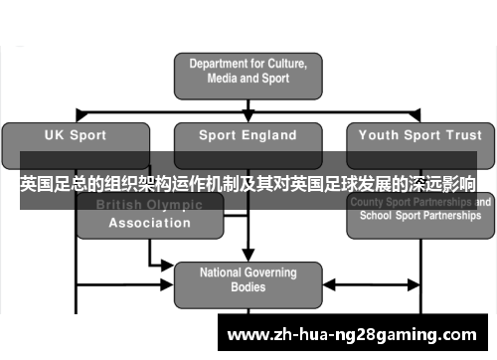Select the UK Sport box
tap(77, 135)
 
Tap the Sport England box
tap(248, 135)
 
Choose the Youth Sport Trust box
tap(418, 135)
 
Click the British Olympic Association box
tap(149, 215)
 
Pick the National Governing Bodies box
tap(248, 279)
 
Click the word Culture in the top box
tap(295, 62)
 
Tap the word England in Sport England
tap(270, 135)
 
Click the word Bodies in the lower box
tap(248, 287)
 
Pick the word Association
tap(149, 223)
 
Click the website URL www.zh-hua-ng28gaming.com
tap(353, 332)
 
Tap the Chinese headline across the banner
tap(248, 185)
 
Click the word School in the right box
tap(374, 214)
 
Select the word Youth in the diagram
tap(378, 135)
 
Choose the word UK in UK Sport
tap(55, 135)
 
